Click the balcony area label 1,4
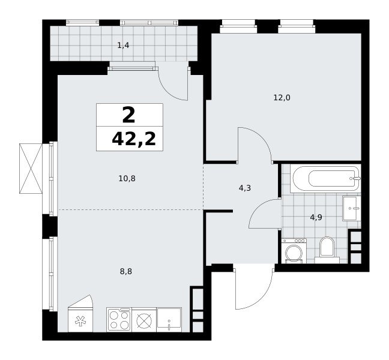tap(123, 46)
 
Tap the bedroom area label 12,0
tap(282, 98)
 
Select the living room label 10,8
tap(127, 178)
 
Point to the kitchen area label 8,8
tap(126, 272)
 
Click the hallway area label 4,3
tap(244, 188)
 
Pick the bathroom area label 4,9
tap(316, 217)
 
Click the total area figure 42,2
tap(134, 139)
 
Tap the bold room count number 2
tap(128, 115)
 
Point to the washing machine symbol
tap(294, 251)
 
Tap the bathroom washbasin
tap(352, 208)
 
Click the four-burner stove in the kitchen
tap(119, 320)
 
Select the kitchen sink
tap(169, 320)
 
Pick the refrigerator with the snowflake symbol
tap(80, 314)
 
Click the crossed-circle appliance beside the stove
tap(144, 320)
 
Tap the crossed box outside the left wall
tap(31, 168)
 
